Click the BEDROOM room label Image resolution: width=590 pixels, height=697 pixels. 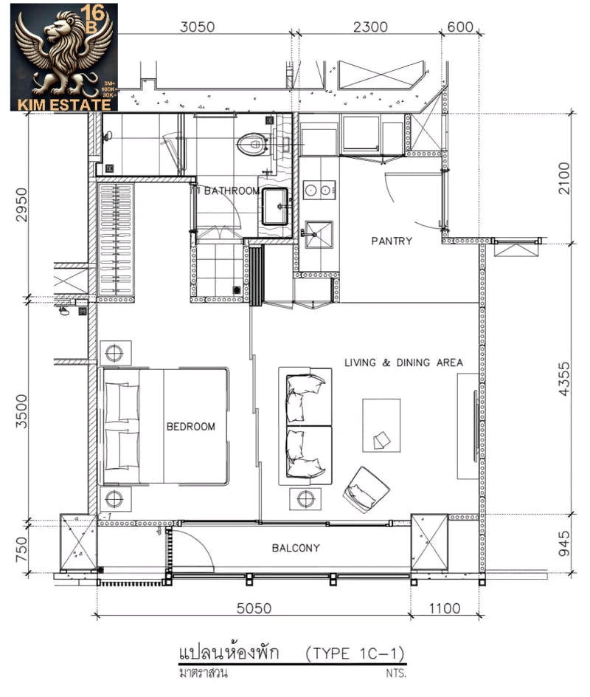coord(190,427)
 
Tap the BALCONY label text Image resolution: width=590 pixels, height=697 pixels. coord(295,548)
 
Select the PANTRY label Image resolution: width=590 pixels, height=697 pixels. coord(392,241)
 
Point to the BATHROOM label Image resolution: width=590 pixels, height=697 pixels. coord(231,190)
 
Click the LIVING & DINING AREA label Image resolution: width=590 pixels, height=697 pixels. coord(403,363)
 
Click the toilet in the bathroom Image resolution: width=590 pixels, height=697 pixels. coord(253,143)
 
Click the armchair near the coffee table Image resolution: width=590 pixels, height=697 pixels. coord(367,488)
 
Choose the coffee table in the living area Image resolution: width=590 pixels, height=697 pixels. coord(381,425)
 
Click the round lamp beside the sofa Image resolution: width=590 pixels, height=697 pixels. coord(305,499)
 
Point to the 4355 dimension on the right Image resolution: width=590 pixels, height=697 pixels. coord(565,379)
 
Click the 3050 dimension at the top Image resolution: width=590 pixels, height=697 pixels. coord(197,27)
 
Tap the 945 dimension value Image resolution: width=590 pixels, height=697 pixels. coord(565,543)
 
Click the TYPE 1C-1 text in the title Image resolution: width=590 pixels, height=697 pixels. coord(355,653)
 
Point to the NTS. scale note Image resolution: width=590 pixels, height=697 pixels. coord(395,673)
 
